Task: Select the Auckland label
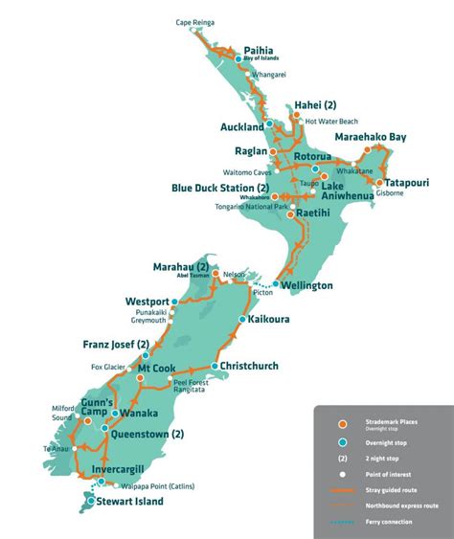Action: coord(241,126)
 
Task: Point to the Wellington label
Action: coord(306,285)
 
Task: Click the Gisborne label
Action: coord(391,192)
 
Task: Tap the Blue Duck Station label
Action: coord(219,189)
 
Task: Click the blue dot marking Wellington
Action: coord(276,284)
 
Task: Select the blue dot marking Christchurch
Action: coord(214,366)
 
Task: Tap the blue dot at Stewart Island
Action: coord(91,500)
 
